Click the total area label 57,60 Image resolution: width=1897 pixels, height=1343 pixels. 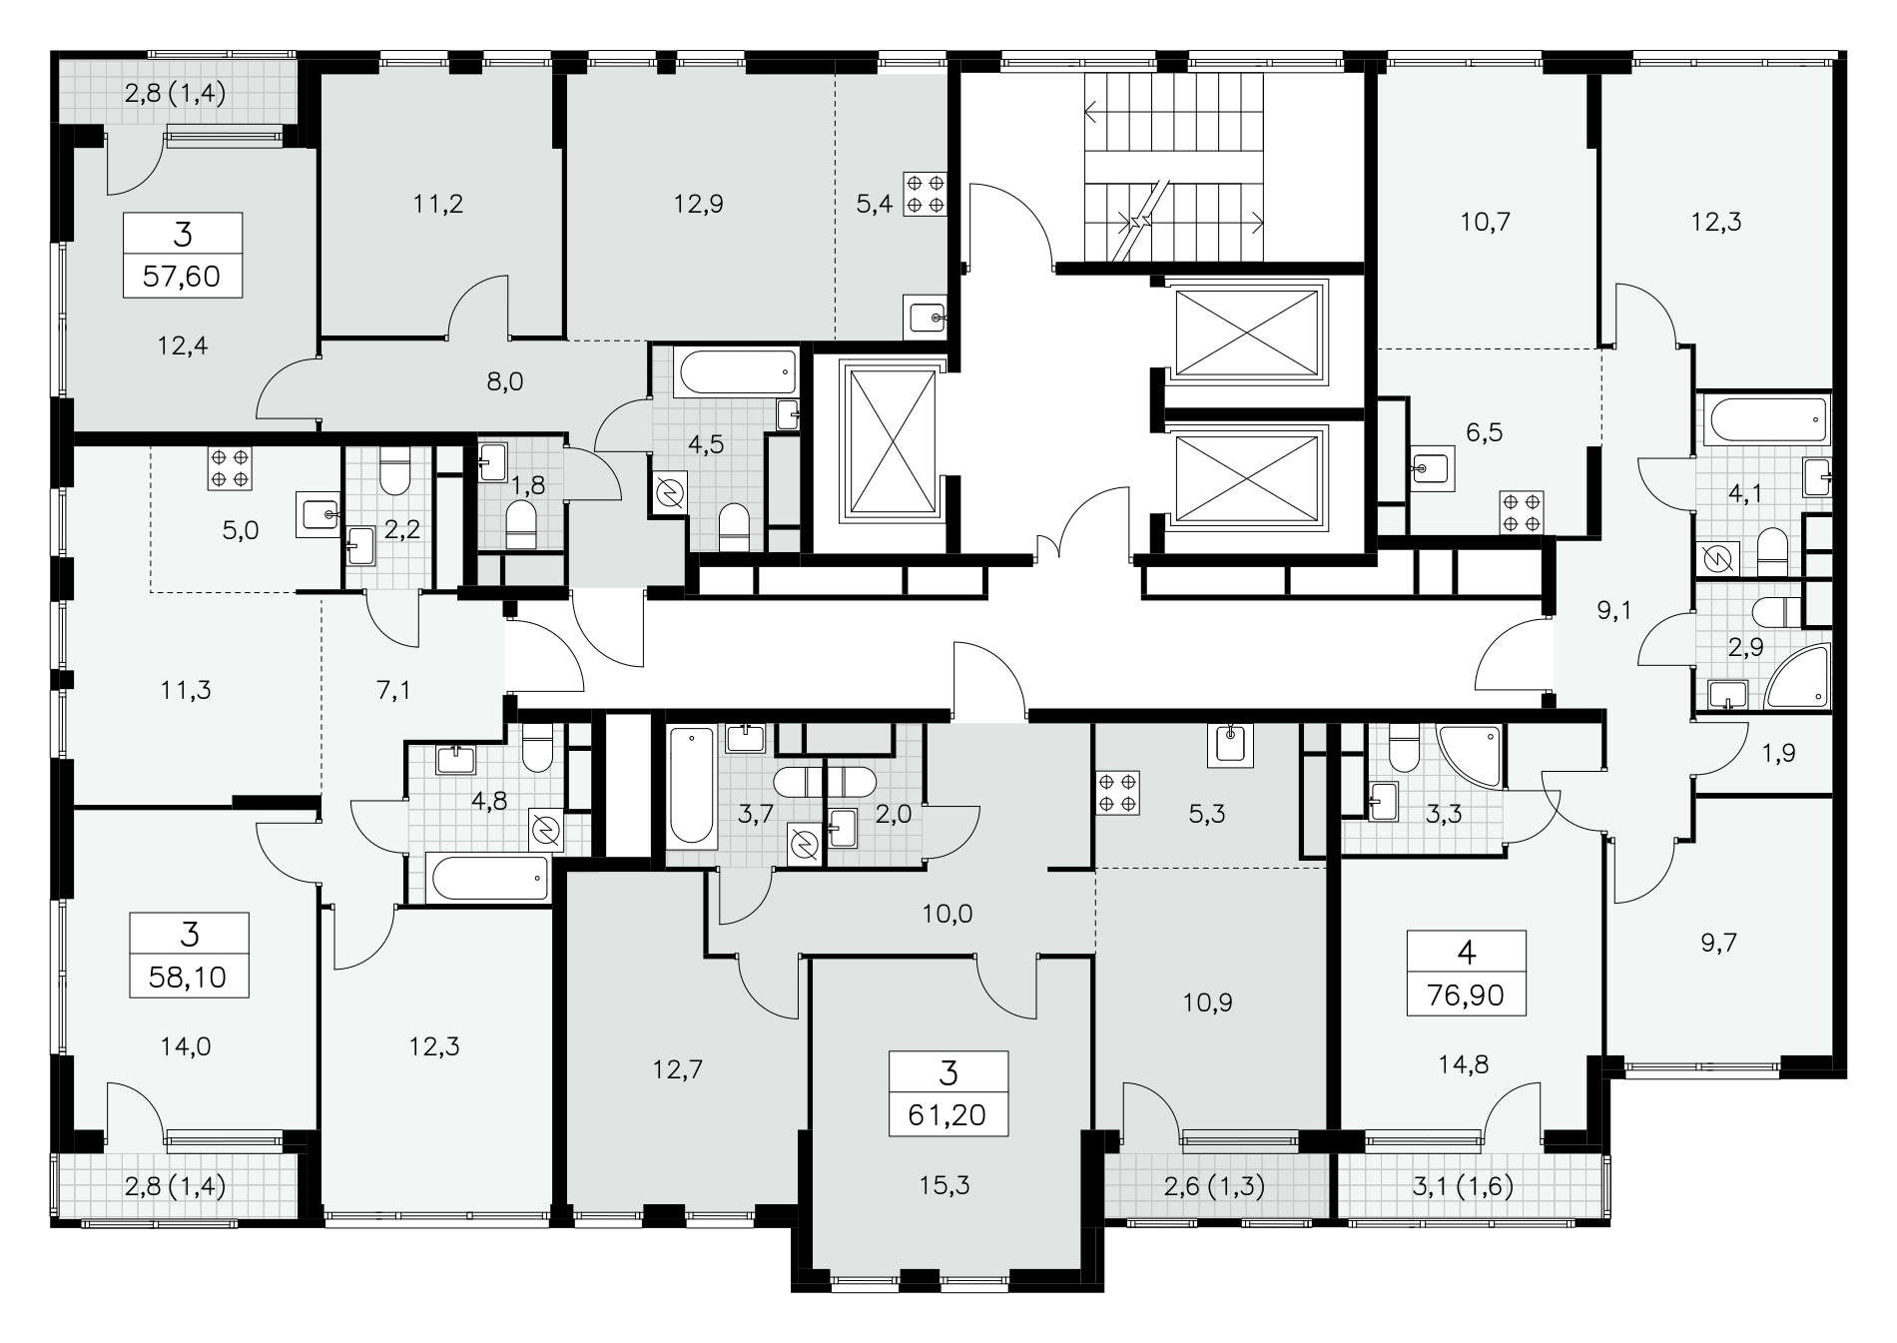pos(182,276)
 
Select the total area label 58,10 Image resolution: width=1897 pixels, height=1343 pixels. pos(189,977)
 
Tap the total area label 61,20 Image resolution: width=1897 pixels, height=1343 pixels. pos(948,1114)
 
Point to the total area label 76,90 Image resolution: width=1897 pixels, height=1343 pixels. pos(1466,994)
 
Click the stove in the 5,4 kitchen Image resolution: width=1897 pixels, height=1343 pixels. pos(924,194)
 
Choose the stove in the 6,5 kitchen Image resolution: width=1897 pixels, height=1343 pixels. pos(1523,512)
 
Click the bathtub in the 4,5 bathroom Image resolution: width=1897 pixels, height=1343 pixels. pos(738,371)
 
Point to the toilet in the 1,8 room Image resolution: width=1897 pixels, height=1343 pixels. pos(520,525)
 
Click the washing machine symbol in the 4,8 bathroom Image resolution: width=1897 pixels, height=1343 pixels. pos(544,830)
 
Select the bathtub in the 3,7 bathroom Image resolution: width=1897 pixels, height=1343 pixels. pos(691,789)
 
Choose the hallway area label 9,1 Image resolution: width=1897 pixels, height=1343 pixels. pos(1613,610)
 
